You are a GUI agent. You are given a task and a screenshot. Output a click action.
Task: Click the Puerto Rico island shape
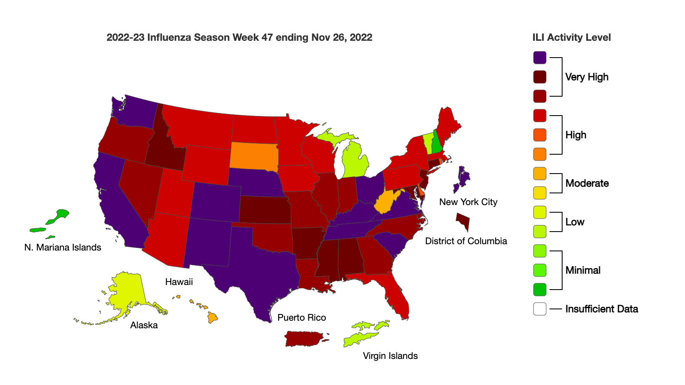tap(303, 338)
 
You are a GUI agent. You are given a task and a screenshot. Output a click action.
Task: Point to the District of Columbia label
tap(466, 241)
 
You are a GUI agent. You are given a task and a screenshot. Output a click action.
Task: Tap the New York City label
tap(468, 202)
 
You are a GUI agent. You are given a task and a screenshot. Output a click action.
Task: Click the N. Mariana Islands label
tap(63, 248)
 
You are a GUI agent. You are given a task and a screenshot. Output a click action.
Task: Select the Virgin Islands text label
tap(390, 356)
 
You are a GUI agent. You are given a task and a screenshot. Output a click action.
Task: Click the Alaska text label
tap(144, 325)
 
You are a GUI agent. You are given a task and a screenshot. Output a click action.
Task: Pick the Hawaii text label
tap(179, 282)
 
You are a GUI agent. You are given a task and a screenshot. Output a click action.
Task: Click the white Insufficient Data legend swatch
tap(540, 309)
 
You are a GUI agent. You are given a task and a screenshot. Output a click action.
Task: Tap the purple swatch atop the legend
tap(540, 58)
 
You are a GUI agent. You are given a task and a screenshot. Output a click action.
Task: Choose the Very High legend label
tap(587, 77)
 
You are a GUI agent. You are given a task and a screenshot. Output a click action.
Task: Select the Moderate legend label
tap(587, 183)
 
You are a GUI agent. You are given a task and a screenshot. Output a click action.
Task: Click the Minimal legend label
tap(583, 270)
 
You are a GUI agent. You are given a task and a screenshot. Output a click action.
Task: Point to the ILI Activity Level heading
tap(571, 37)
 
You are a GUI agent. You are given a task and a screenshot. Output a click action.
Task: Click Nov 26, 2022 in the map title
tap(342, 37)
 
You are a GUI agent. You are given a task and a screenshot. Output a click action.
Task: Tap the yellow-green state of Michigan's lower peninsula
tap(356, 162)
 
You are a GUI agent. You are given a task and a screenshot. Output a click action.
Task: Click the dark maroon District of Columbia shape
tap(463, 219)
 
